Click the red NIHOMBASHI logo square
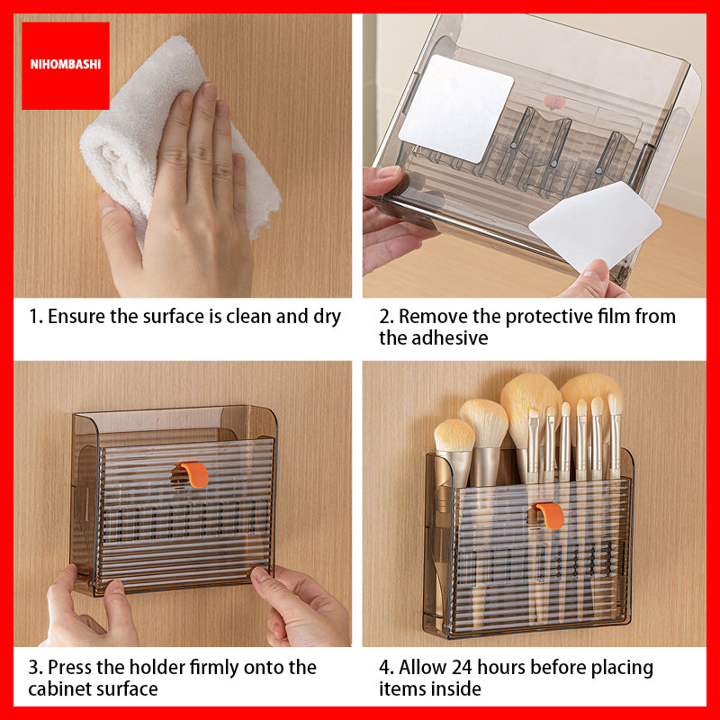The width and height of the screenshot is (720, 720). point(65,66)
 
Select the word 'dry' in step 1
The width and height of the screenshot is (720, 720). point(327,318)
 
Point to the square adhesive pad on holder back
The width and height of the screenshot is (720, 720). point(456,108)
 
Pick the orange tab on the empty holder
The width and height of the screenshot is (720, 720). point(195,474)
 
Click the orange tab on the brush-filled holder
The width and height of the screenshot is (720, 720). point(550,515)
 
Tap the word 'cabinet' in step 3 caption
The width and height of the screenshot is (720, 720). point(59,689)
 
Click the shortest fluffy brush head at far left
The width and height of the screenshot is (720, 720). point(454,435)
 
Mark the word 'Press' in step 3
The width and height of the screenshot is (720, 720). point(69,669)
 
